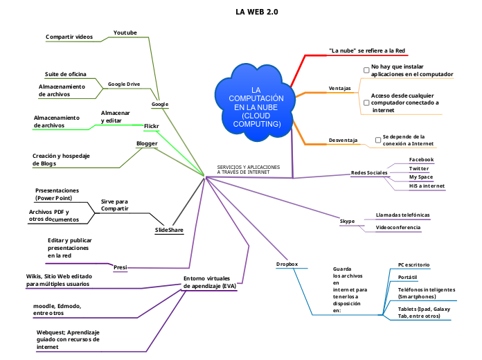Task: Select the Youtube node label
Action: (125, 33)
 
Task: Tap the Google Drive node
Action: (124, 84)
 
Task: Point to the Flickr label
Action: (152, 126)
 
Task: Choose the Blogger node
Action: (147, 143)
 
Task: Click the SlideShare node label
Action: (169, 229)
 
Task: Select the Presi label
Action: (120, 266)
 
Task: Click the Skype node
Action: (347, 221)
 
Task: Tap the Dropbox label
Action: (287, 264)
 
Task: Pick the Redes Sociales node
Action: (369, 172)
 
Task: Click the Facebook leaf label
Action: (421, 159)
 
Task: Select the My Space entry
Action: (420, 177)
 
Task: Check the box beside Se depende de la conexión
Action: (378, 140)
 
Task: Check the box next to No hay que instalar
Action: (366, 70)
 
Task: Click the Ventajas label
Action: (339, 89)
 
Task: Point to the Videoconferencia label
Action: (398, 227)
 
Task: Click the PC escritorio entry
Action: (413, 264)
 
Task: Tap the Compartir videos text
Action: (69, 36)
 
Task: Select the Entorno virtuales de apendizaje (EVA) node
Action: (210, 282)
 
